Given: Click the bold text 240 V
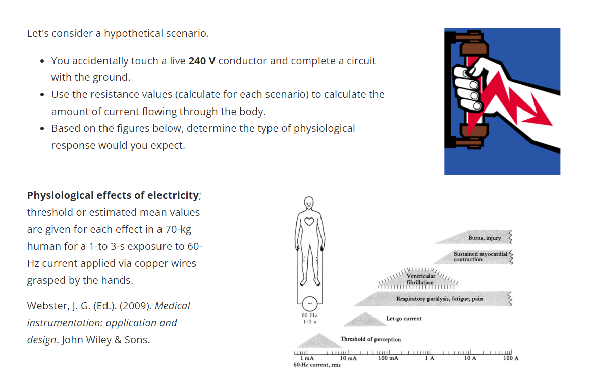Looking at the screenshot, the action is pos(202,61).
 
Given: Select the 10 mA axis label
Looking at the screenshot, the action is pos(348,358).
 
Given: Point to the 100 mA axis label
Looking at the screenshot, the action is pos(388,358).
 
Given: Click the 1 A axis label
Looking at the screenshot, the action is pos(430,358).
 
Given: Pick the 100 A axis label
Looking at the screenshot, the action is pos(511,358).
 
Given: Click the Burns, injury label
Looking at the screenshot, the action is pos(485,238).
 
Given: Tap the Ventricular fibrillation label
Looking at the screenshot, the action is pos(420,279).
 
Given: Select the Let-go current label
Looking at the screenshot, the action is pos(404,319).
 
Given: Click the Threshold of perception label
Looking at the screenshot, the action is pos(371,339).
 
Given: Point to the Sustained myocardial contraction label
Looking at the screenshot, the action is pos(480,256).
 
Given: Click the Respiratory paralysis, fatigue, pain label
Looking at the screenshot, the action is pos(439,299).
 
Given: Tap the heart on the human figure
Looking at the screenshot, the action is pos(309,221).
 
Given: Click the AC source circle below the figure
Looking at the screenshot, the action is pos(309,303).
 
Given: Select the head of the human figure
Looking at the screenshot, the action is pos(309,203).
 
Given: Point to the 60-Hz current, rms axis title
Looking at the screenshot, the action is pos(317,365).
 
